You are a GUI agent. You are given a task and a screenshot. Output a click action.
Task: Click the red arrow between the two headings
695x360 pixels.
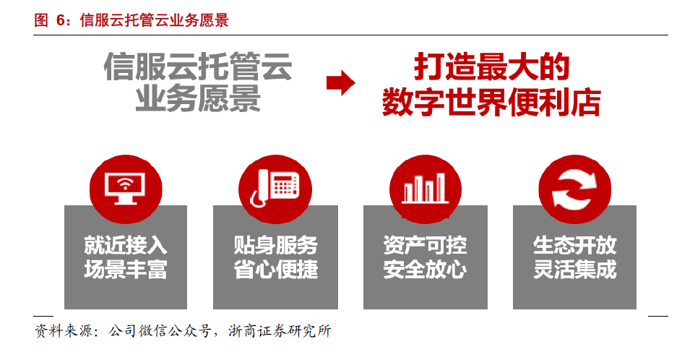[340, 83]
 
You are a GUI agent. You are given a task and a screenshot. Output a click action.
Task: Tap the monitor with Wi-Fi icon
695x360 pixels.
[125, 187]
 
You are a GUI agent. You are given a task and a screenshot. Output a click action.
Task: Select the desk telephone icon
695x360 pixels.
[275, 187]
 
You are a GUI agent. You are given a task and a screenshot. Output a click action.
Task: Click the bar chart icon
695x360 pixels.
[425, 187]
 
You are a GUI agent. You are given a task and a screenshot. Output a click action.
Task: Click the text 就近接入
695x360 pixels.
[126, 245]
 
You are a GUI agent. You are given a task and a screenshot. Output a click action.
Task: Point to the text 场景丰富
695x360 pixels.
[126, 270]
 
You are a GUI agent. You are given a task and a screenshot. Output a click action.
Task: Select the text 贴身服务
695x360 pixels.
[275, 245]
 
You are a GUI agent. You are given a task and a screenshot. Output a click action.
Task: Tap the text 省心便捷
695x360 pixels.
[275, 270]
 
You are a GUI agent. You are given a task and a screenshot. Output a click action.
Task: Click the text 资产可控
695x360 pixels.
[425, 245]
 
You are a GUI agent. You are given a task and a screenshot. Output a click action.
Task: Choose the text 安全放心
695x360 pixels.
[425, 270]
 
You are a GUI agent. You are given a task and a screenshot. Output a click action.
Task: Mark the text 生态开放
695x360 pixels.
[574, 245]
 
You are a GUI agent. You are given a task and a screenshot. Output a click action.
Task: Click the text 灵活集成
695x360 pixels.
[574, 270]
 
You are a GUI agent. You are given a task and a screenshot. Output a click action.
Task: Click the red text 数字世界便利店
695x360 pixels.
[491, 102]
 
